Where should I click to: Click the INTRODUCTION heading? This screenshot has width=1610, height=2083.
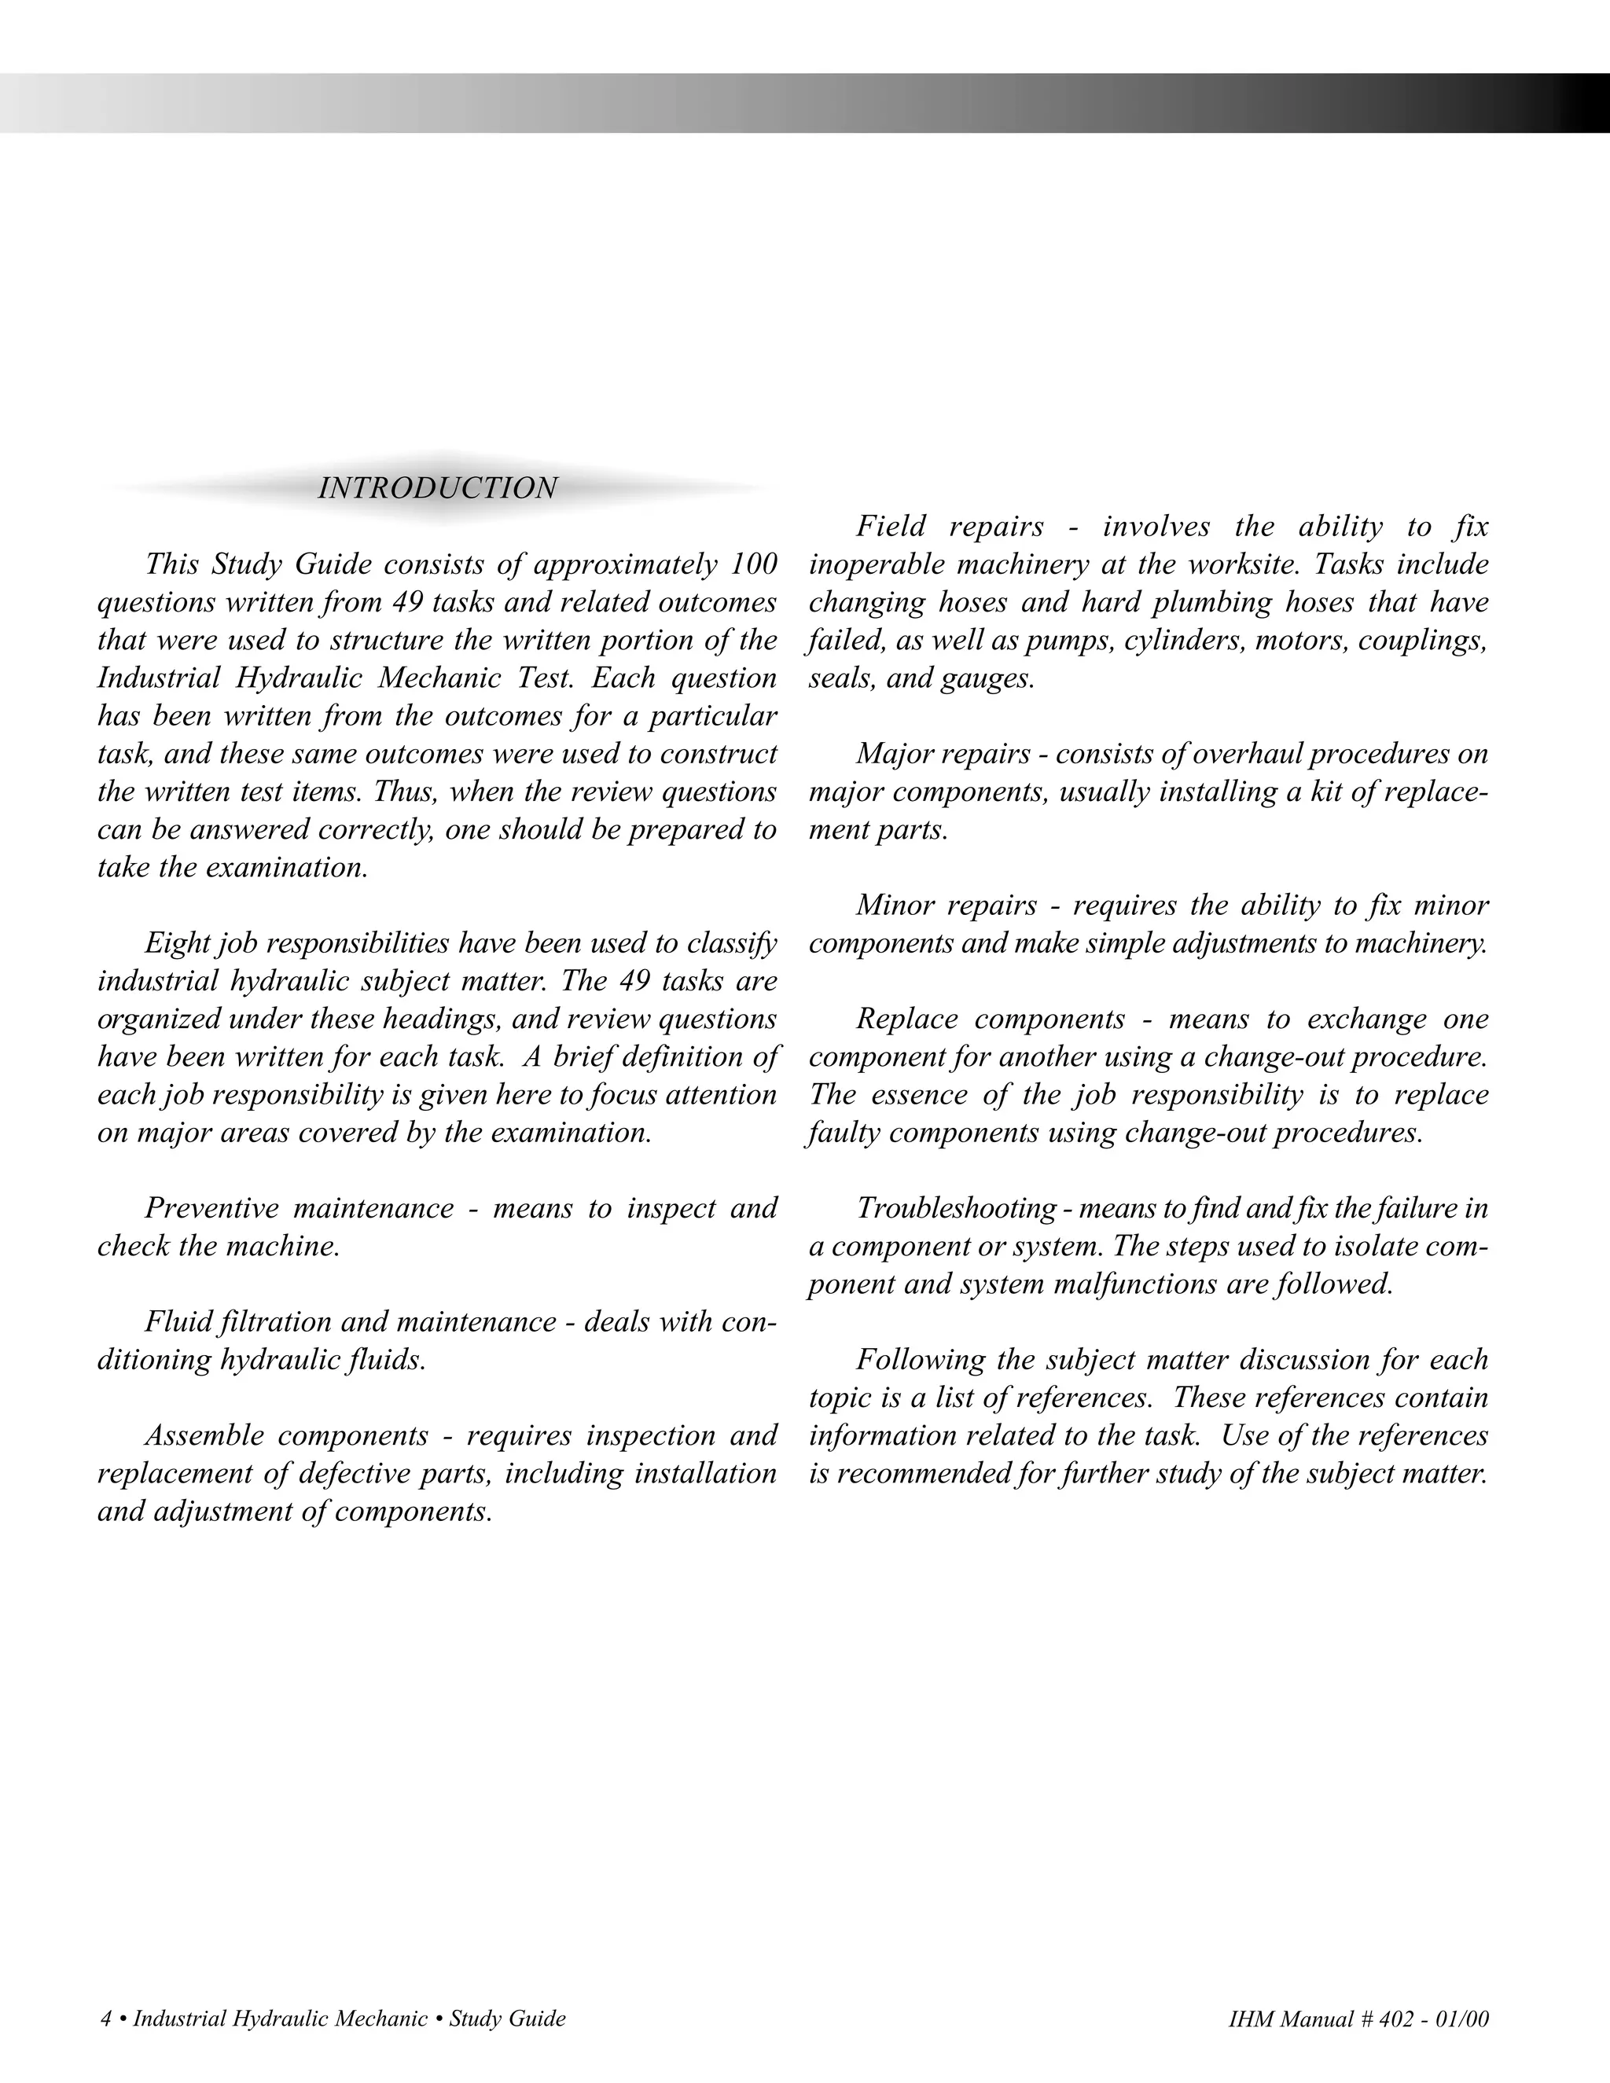point(437,488)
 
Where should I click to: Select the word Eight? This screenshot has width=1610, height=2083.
point(176,943)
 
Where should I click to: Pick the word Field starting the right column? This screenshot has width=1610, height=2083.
point(893,527)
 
